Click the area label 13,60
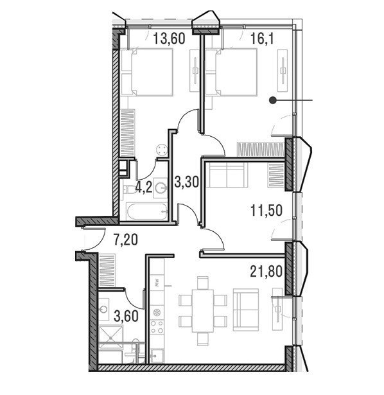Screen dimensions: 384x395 point(170,39)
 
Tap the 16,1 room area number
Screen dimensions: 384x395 point(262,39)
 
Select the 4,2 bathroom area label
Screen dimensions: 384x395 point(144,187)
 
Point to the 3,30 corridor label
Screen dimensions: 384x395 point(187,182)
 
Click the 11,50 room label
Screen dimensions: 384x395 point(266,211)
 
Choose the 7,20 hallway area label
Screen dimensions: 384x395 point(126,240)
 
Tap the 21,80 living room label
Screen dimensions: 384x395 point(266,272)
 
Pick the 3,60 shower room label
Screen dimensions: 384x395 point(126,316)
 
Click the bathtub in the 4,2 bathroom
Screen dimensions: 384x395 point(147,211)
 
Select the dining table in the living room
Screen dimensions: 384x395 point(203,311)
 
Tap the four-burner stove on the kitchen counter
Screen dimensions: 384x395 point(157,327)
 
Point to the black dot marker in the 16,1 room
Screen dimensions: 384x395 point(272,100)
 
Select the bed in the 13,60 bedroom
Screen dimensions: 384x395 point(147,73)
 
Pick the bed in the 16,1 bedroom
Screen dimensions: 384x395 point(231,73)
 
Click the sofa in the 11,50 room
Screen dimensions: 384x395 point(227,175)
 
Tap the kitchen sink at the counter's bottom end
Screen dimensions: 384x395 point(157,356)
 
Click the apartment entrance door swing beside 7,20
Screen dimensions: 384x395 point(94,240)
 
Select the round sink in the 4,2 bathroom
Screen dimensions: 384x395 point(161,188)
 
